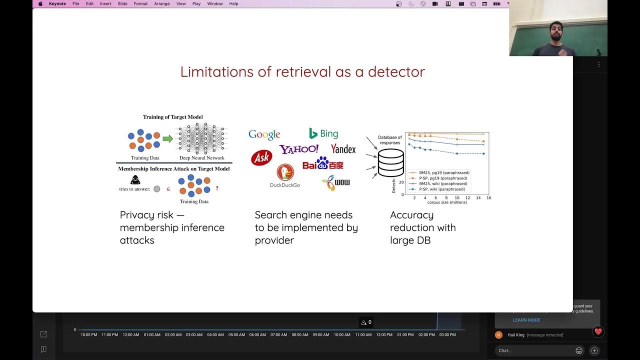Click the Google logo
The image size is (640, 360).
(264, 134)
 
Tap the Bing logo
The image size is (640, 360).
(323, 133)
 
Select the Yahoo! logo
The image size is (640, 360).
(299, 149)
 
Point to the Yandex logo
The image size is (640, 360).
(343, 149)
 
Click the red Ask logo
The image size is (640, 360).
(261, 158)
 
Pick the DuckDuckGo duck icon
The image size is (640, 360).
(285, 172)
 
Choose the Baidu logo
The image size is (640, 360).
(322, 163)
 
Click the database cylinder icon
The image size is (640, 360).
(390, 162)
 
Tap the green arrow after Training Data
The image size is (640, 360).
(168, 138)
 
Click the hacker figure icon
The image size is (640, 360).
(135, 180)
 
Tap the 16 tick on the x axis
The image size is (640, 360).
(488, 198)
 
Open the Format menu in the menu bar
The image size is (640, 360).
(140, 3)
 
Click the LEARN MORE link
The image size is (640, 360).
(526, 320)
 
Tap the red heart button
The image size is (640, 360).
(598, 331)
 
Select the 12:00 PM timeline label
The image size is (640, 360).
(384, 335)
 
